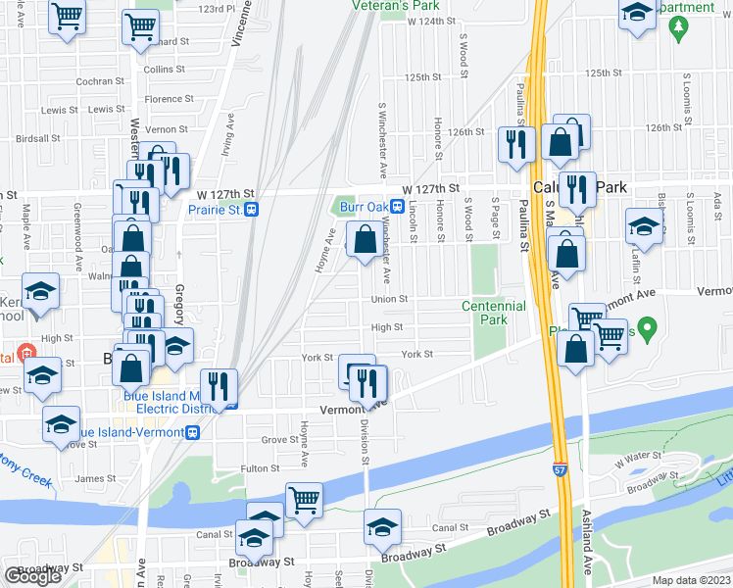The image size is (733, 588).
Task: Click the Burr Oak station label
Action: point(364,207)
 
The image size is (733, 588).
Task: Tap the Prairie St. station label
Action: point(214,210)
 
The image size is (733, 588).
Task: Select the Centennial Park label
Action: point(496,314)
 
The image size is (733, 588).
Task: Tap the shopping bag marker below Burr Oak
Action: point(365,240)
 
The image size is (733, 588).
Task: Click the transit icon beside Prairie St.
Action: point(252,210)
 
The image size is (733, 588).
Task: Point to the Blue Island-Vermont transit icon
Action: point(193,432)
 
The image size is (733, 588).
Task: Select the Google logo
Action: point(32,576)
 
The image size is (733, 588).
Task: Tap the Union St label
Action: point(388,299)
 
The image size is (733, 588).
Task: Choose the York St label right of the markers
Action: point(416,354)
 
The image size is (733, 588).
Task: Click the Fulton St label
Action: point(262,468)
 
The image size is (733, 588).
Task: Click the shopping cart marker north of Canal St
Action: point(304,500)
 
